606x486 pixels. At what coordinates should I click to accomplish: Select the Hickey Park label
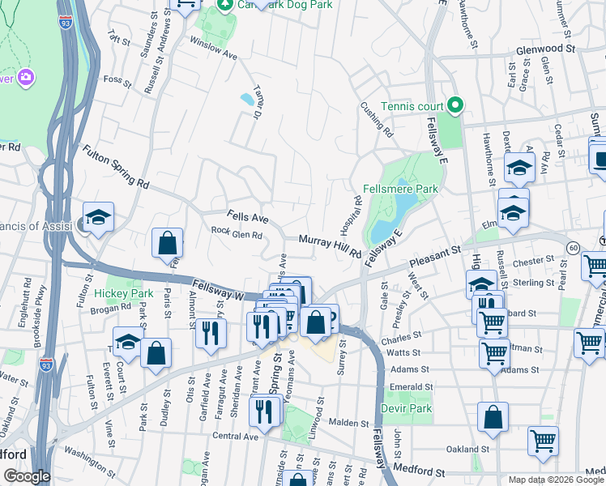(x=123, y=292)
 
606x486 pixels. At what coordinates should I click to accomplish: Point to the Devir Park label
(x=408, y=408)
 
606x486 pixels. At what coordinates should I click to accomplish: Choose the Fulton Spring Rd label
(x=115, y=167)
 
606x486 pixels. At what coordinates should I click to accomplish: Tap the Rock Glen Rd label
(x=237, y=235)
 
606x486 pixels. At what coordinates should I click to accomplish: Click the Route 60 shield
(x=574, y=248)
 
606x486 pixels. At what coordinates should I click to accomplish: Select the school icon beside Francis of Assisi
(x=98, y=217)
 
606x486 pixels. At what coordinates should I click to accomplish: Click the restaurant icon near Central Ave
(x=265, y=411)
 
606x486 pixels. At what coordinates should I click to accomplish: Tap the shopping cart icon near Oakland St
(x=543, y=441)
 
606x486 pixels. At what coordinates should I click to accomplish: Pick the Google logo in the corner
(x=27, y=476)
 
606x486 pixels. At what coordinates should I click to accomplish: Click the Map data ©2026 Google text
(x=556, y=480)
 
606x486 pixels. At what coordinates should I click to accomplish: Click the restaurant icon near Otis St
(x=209, y=332)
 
